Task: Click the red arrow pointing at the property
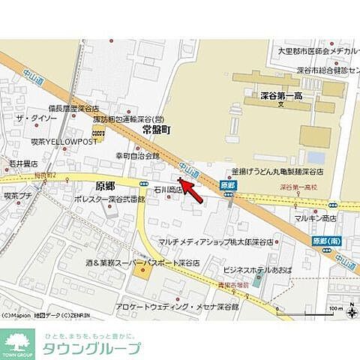pos(192,191)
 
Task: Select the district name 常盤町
pos(156,130)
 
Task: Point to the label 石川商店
pos(169,190)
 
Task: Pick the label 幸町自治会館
pos(137,155)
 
